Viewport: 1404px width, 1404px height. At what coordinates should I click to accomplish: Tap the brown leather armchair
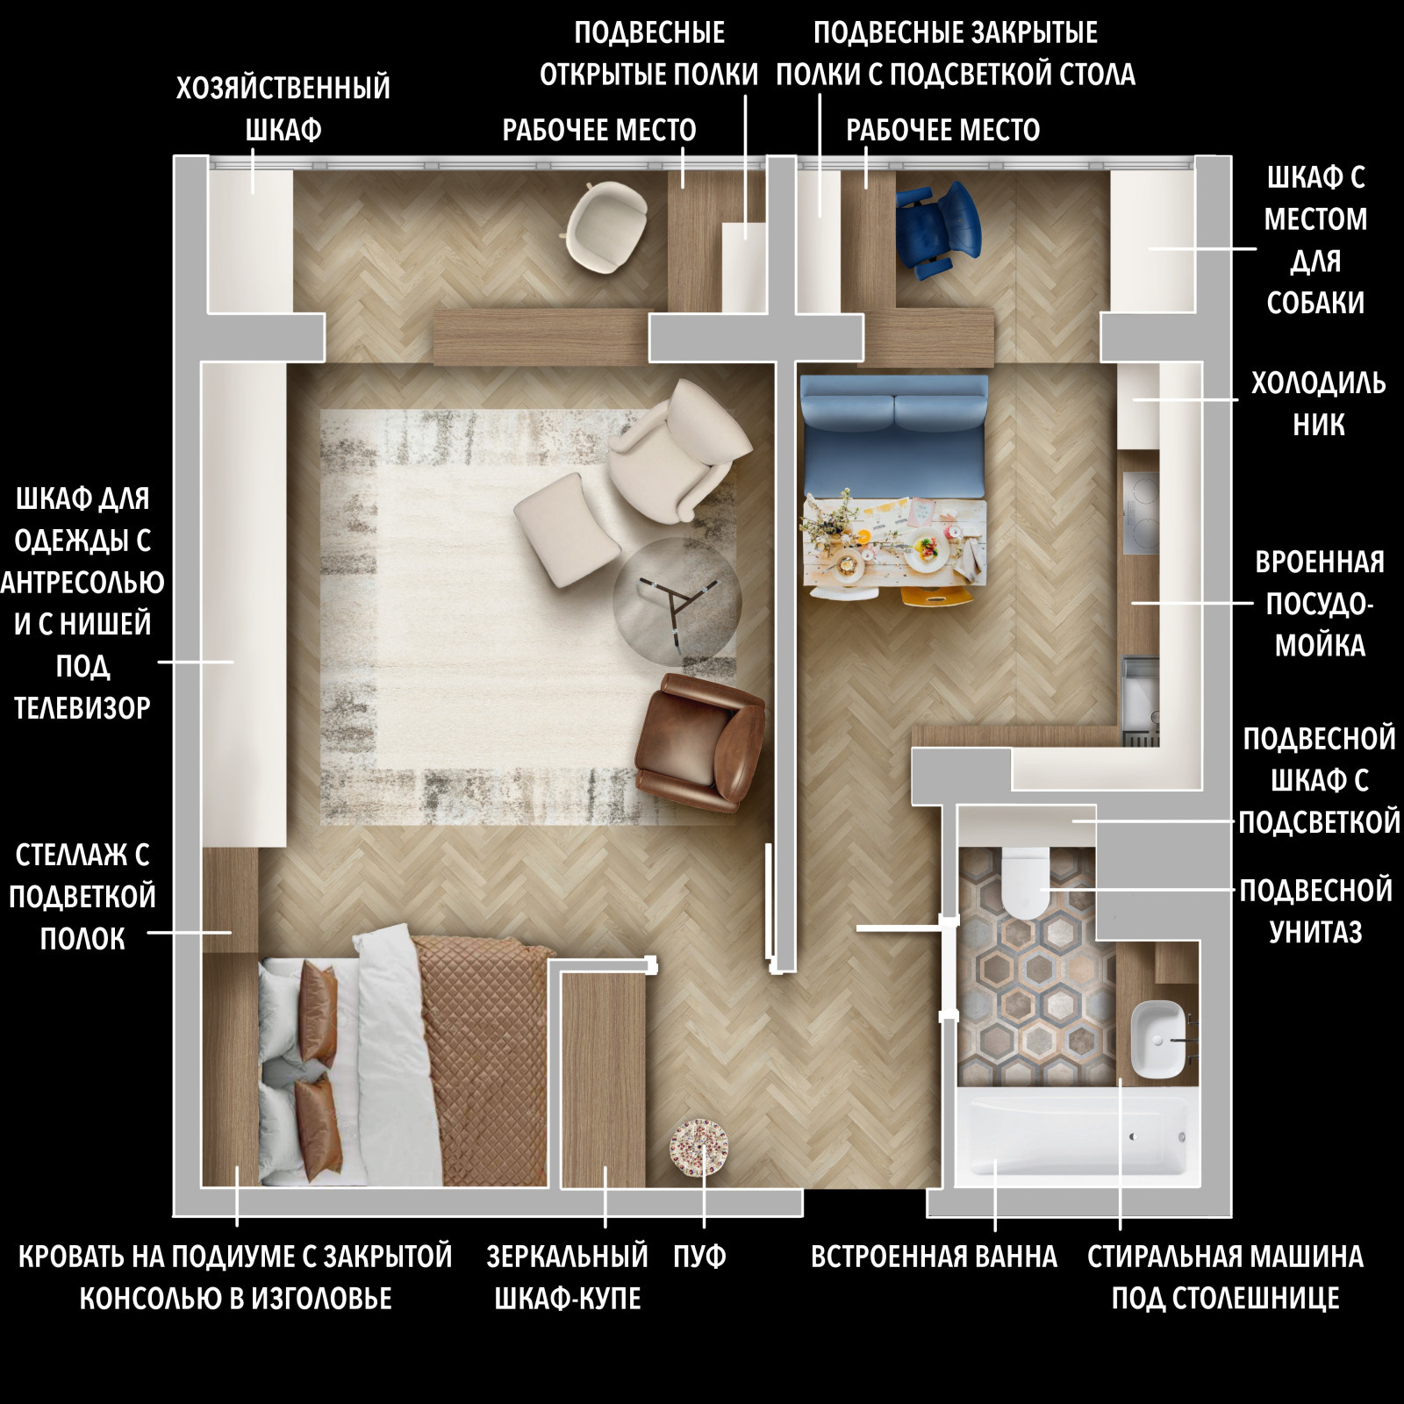point(700,742)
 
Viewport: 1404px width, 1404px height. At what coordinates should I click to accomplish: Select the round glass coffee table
point(677,602)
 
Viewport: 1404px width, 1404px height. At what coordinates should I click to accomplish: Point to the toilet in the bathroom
point(1025,881)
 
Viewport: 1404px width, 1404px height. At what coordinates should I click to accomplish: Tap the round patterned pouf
point(699,1147)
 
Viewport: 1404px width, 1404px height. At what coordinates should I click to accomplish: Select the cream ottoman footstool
point(567,530)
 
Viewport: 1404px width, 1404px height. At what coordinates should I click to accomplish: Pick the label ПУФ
point(699,1257)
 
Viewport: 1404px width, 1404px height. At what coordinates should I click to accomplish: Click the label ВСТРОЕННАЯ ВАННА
point(934,1257)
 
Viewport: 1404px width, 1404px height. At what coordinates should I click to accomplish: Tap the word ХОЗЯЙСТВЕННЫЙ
point(283,88)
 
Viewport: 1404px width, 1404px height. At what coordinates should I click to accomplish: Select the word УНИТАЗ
point(1315,931)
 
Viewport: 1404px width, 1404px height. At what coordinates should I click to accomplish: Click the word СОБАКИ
point(1315,303)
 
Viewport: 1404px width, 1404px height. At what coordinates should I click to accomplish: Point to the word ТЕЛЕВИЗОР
point(82,707)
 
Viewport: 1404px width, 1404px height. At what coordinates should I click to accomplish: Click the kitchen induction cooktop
point(1141,512)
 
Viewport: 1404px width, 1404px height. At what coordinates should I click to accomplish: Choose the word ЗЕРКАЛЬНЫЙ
point(567,1257)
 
